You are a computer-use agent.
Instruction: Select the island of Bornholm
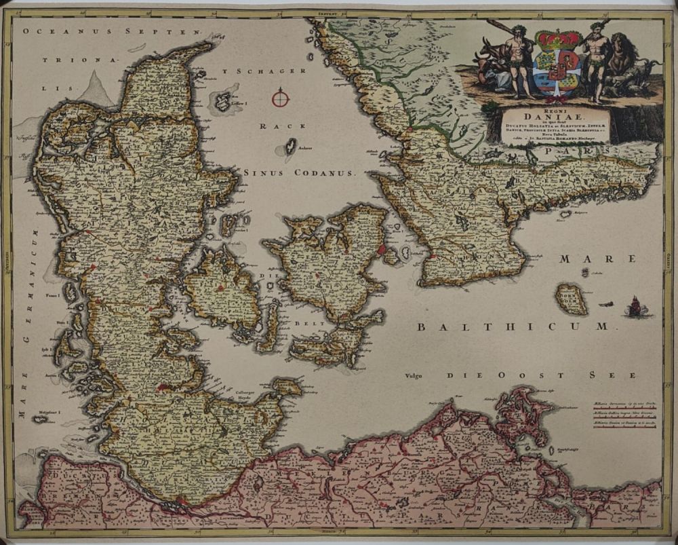coord(571,299)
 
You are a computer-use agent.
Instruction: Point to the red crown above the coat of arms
coord(555,37)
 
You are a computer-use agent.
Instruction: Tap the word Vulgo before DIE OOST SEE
coord(414,375)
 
